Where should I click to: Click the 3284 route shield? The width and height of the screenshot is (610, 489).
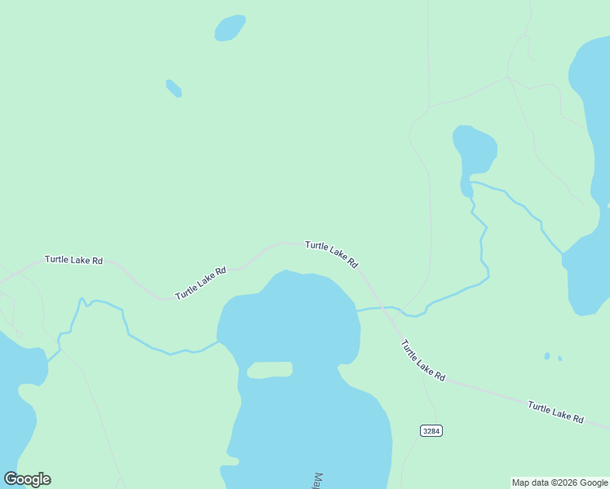click(x=431, y=430)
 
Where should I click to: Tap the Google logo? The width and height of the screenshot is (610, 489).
click(x=27, y=479)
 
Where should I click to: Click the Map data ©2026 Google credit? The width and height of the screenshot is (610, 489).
click(x=559, y=482)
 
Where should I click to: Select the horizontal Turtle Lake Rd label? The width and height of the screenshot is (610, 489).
click(x=73, y=260)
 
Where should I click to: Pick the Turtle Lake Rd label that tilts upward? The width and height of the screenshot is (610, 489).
click(x=200, y=283)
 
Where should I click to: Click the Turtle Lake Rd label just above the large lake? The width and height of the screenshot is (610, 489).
click(x=331, y=254)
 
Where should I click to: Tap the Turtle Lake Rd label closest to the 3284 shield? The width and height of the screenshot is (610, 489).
click(x=423, y=360)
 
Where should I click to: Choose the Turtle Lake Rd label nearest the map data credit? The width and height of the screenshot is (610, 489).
click(x=555, y=412)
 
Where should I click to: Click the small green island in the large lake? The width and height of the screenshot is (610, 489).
click(x=269, y=370)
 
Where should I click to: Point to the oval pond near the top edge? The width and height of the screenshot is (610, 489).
click(x=230, y=28)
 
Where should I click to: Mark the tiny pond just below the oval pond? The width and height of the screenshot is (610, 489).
click(x=174, y=88)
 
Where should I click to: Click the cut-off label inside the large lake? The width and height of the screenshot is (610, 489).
click(x=319, y=479)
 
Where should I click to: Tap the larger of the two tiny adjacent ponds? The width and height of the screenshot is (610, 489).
click(x=547, y=356)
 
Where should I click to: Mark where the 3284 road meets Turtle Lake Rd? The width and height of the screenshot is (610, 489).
click(x=423, y=377)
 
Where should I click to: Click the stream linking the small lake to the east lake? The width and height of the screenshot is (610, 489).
click(x=522, y=208)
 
